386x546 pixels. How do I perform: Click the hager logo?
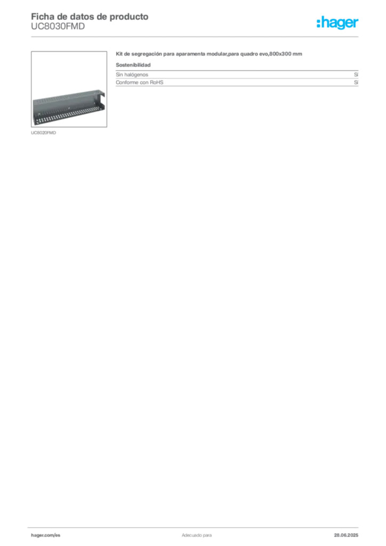click(337, 22)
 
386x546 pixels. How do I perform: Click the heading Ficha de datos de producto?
click(90, 17)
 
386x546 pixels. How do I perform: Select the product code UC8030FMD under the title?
click(58, 27)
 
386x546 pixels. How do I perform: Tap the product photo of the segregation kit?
click(69, 89)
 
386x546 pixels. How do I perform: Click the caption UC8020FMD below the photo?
click(44, 133)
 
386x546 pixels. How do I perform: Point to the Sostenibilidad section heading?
click(133, 65)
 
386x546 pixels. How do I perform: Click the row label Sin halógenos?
click(132, 75)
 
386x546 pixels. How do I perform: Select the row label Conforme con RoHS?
click(140, 83)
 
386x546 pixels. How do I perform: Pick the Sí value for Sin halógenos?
click(356, 75)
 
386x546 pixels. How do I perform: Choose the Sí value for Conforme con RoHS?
click(356, 83)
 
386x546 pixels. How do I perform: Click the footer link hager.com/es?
click(46, 535)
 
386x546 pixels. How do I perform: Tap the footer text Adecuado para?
click(197, 535)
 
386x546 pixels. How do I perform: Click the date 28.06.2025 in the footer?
click(346, 535)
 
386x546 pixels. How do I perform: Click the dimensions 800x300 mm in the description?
click(286, 54)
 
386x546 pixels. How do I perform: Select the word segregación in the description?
click(147, 54)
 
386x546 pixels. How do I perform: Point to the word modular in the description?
click(216, 54)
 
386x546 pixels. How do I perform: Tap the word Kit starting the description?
click(119, 54)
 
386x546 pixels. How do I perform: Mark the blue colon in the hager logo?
click(318, 23)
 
